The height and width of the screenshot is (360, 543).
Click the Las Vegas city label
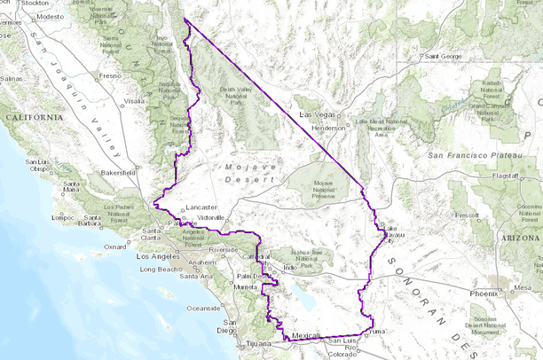click(318, 115)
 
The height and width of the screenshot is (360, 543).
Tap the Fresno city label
click(110, 76)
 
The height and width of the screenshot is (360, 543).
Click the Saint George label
click(444, 56)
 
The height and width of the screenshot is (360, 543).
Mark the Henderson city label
click(328, 127)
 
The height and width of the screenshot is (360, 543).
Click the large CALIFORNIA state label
click(34, 117)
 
